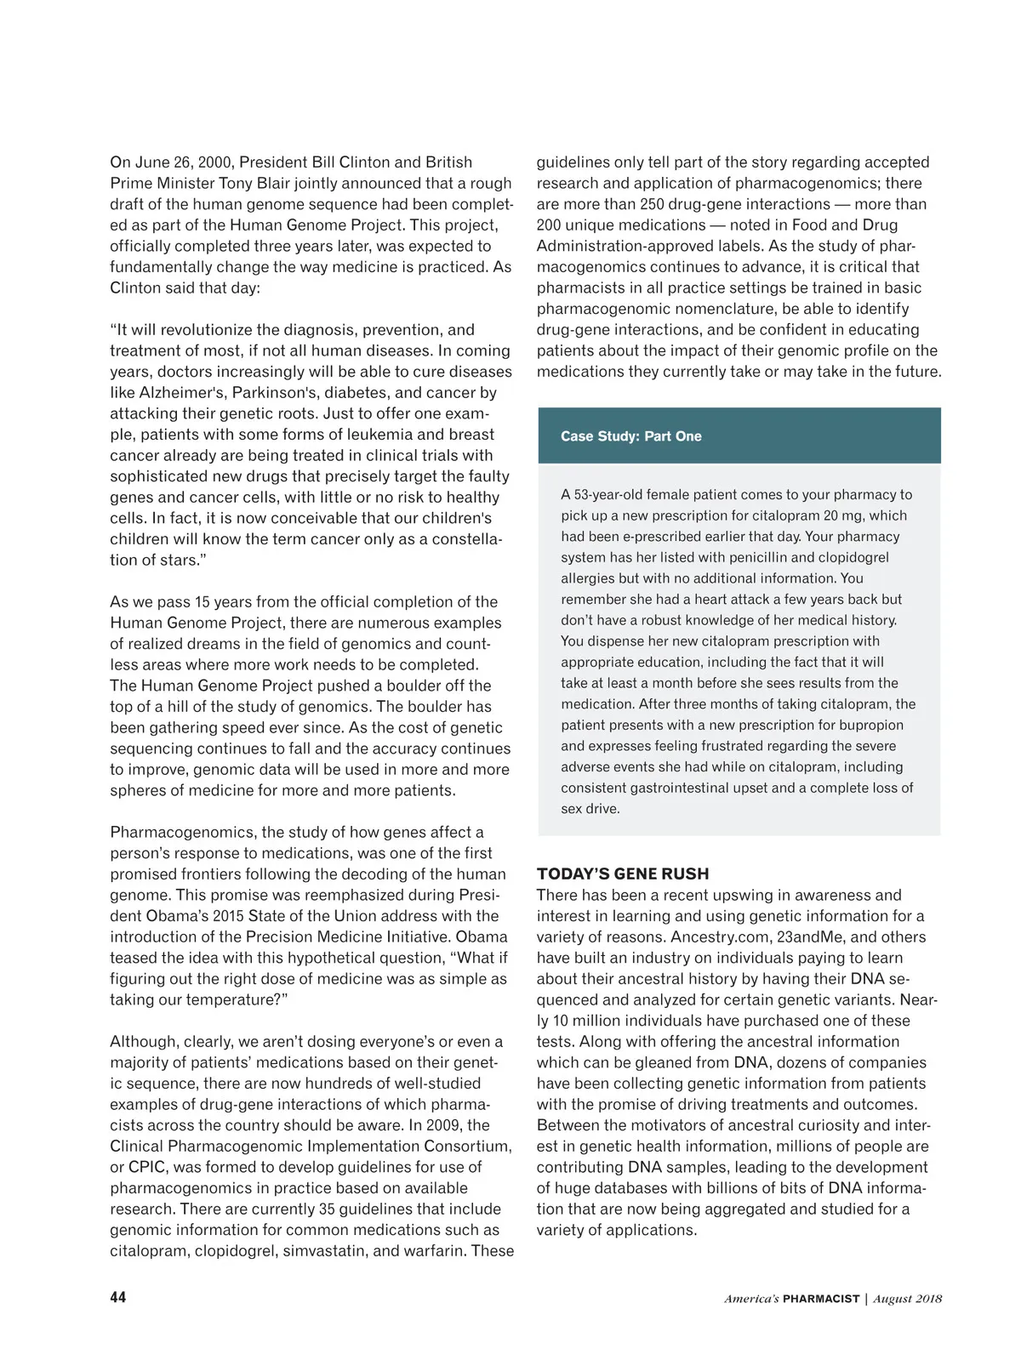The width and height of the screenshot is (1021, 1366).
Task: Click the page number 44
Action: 118,1297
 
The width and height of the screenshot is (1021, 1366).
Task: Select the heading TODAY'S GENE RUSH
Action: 623,874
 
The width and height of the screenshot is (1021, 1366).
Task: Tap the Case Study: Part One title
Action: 630,436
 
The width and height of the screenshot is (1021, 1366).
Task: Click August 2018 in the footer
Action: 908,1299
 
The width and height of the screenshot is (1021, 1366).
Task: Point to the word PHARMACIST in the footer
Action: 821,1299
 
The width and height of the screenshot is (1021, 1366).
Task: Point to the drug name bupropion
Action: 867,725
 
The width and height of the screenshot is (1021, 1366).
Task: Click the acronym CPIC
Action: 147,1167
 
